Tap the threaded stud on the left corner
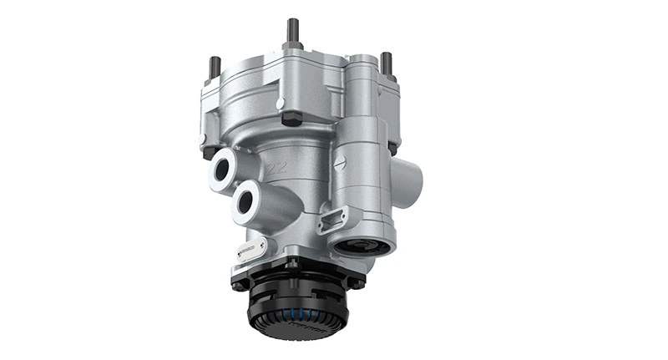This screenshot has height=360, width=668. coord(215,66)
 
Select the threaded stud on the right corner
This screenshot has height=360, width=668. coord(387,63)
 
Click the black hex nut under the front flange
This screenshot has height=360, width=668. coord(291,118)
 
